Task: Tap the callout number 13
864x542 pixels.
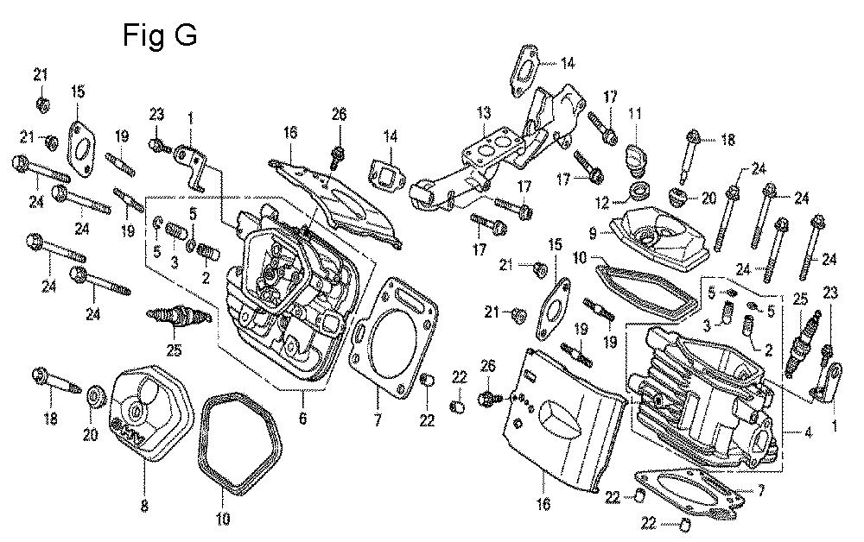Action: click(x=484, y=113)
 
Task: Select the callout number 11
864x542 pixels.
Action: click(x=635, y=114)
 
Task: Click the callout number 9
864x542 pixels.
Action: click(x=594, y=231)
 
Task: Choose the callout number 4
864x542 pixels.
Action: click(x=807, y=434)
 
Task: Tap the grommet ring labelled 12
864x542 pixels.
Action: click(x=640, y=189)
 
